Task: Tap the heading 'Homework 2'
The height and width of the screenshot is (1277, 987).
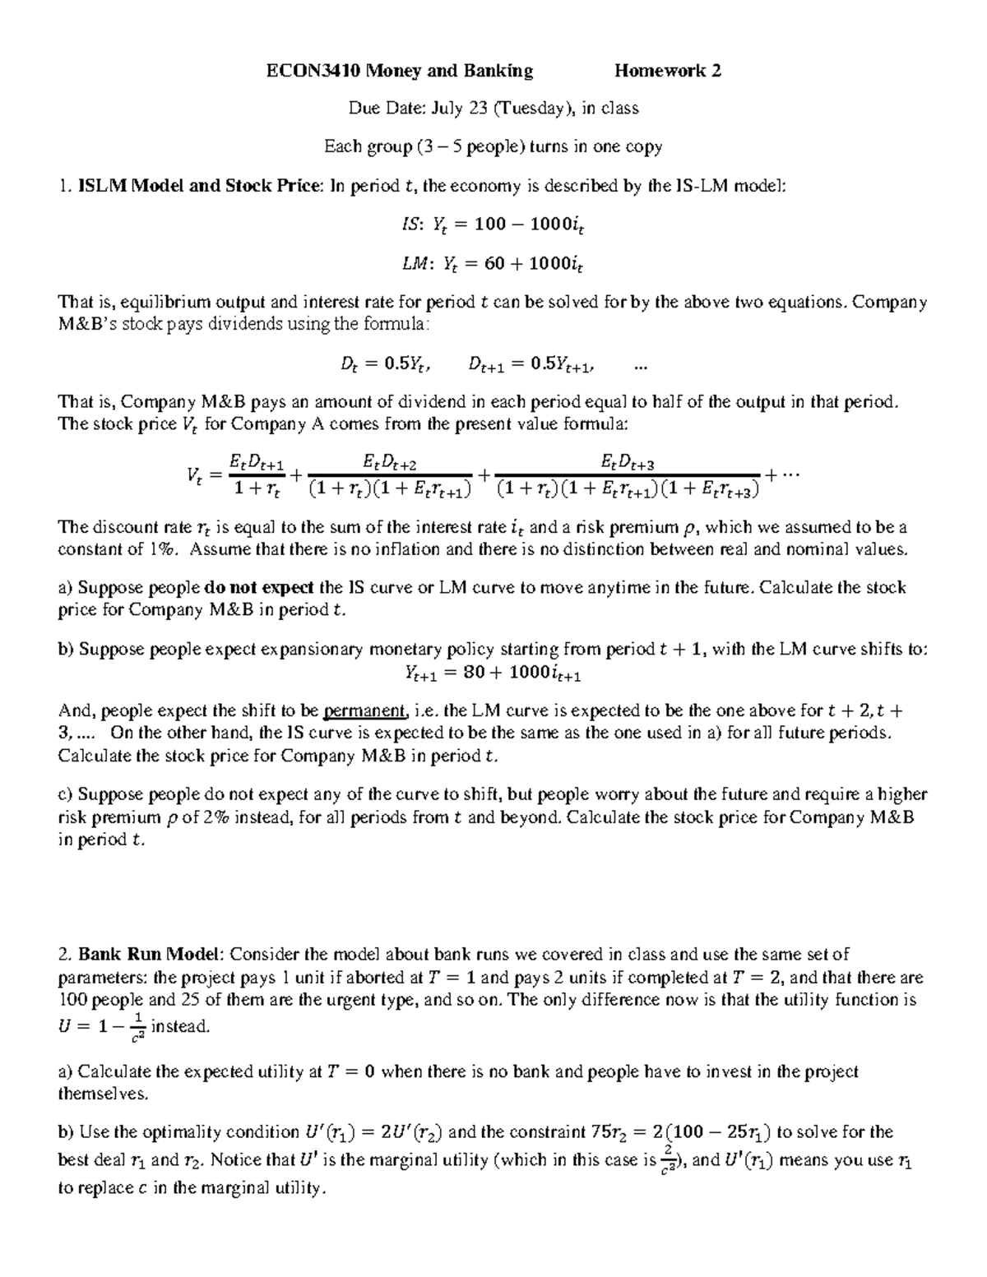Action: point(668,72)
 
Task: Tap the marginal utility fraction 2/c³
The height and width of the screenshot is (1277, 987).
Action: point(670,1159)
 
